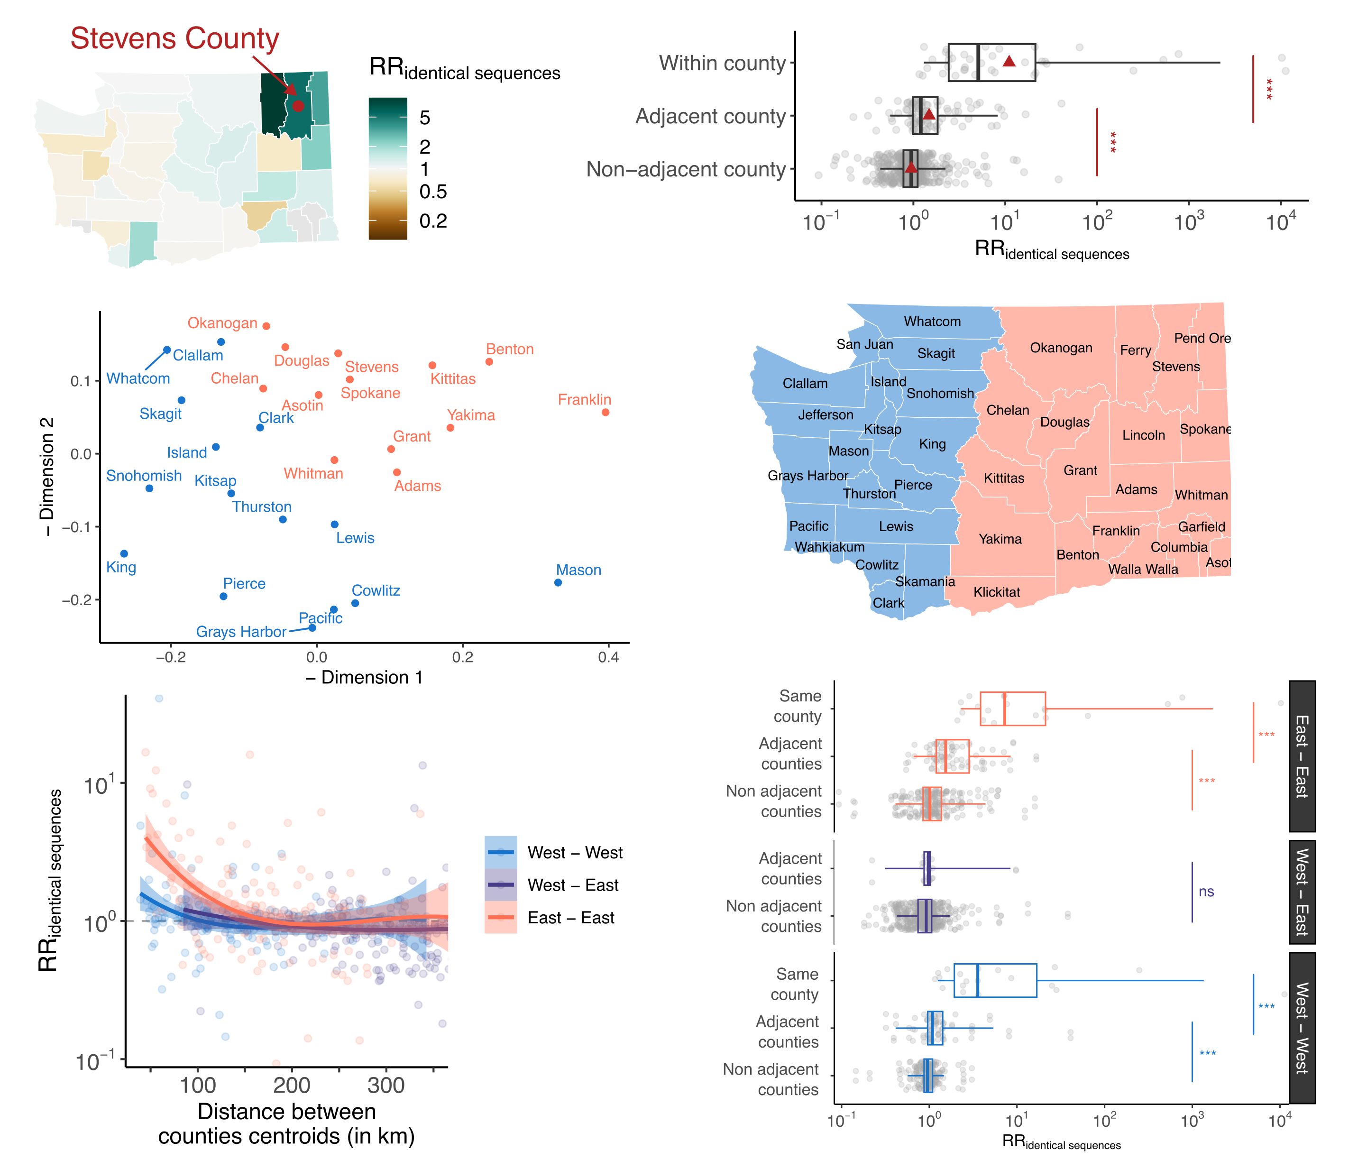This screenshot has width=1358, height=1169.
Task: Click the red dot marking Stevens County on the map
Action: click(x=298, y=106)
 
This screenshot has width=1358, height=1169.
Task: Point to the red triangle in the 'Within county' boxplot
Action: click(x=1009, y=62)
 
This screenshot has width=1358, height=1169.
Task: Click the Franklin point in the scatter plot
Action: click(x=606, y=413)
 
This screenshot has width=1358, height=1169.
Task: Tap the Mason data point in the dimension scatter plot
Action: click(x=559, y=582)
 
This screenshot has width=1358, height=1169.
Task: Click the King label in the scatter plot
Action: click(x=121, y=567)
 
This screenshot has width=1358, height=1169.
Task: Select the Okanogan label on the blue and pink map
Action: click(x=1061, y=348)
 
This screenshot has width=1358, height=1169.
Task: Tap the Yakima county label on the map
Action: click(x=1000, y=539)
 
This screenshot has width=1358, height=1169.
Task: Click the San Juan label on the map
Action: click(x=864, y=344)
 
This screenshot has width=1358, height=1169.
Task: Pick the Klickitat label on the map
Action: click(x=996, y=592)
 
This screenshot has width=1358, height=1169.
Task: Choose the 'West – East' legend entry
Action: click(x=573, y=885)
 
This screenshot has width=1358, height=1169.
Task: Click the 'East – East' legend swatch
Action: click(x=501, y=917)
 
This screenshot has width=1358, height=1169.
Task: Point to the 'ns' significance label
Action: click(x=1206, y=892)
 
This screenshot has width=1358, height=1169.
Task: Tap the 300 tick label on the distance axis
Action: click(x=386, y=1086)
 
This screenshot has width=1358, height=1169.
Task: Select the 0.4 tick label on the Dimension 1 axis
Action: click(x=608, y=657)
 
